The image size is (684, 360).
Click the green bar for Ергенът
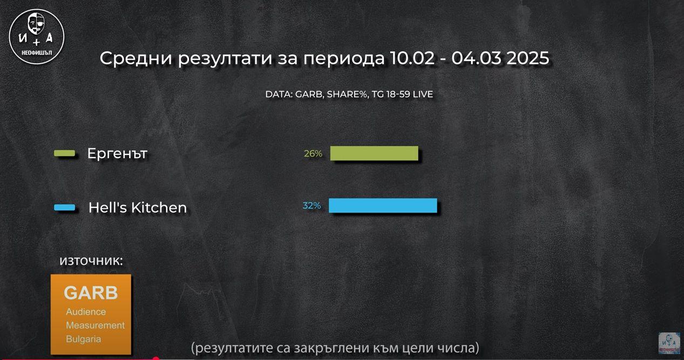tap(374, 153)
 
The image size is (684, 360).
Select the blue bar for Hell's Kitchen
tap(383, 206)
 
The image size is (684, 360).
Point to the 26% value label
tap(313, 154)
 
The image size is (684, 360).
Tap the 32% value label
tap(311, 206)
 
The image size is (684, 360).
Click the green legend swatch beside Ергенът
tap(65, 154)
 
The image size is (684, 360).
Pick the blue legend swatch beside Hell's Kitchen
tap(65, 208)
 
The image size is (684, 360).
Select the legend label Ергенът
tap(117, 154)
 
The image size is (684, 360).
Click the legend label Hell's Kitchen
tap(138, 208)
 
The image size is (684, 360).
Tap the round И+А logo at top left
tap(37, 37)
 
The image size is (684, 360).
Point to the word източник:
tap(91, 261)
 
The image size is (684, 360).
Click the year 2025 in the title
tap(527, 58)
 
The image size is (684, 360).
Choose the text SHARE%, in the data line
tap(348, 94)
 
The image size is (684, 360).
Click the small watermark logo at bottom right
tap(669, 344)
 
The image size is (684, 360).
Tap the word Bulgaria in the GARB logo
tap(83, 339)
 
